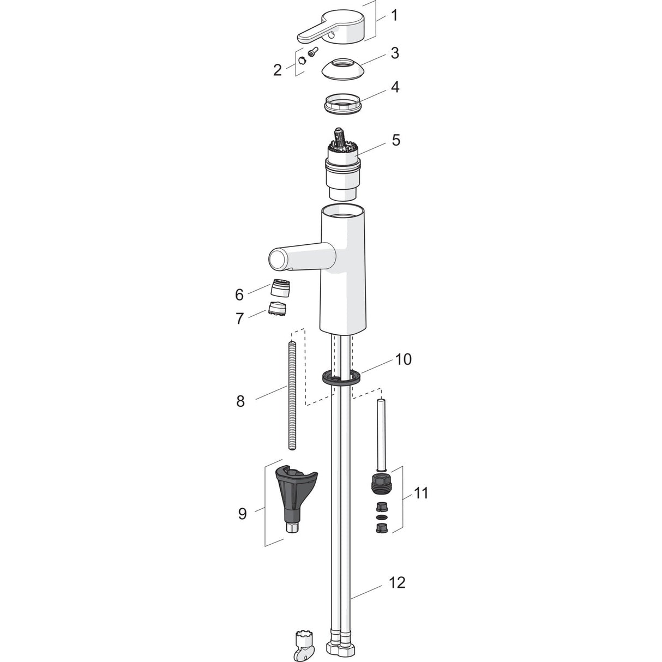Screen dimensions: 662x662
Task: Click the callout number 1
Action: pyautogui.click(x=395, y=15)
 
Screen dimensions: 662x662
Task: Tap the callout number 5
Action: pyautogui.click(x=396, y=140)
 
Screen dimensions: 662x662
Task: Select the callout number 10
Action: pyautogui.click(x=404, y=359)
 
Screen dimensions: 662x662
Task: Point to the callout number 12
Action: pyautogui.click(x=398, y=582)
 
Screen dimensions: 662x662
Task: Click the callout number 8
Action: pyautogui.click(x=240, y=401)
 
